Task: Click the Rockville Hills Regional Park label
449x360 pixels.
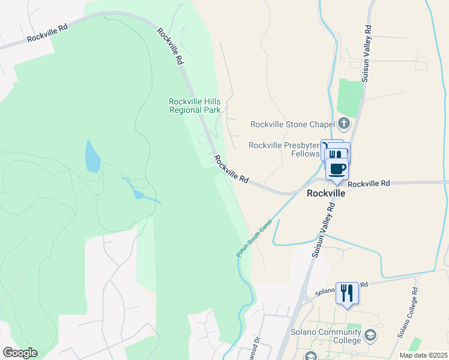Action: (x=194, y=106)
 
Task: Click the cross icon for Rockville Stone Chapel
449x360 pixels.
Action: (x=344, y=124)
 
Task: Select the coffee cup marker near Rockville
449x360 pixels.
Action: (x=337, y=169)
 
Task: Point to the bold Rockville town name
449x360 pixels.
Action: (x=325, y=194)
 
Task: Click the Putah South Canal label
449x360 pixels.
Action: (x=254, y=238)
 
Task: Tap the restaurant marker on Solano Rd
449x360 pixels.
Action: (x=347, y=293)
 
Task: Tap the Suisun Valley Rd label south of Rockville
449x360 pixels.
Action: (x=322, y=230)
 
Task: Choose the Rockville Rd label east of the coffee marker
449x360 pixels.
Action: (x=369, y=183)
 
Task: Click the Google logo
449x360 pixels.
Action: (x=20, y=353)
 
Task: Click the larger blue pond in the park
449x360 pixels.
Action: (x=92, y=157)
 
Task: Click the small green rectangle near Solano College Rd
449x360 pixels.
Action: (x=415, y=344)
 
